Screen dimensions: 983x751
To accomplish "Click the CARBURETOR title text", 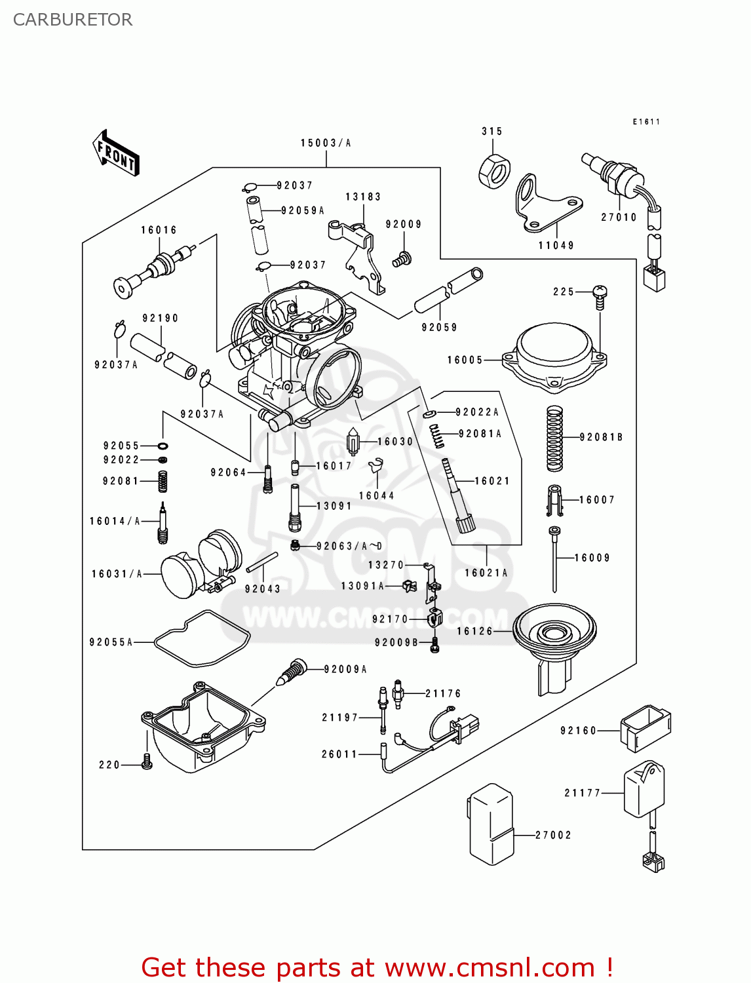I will (73, 20).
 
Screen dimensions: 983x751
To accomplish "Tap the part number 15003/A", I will (326, 143).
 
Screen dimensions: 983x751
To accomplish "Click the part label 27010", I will (619, 218).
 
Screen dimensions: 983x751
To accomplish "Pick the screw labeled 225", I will (600, 296).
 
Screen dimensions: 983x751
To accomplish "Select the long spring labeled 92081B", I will (554, 438).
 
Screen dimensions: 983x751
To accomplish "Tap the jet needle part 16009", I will (555, 557).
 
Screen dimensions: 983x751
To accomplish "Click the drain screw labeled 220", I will (147, 761).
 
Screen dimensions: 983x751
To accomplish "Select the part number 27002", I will (553, 835).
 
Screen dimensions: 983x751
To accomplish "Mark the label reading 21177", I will (583, 793).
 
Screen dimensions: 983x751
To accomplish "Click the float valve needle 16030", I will (354, 442).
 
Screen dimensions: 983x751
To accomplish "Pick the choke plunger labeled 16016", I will (154, 270).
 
